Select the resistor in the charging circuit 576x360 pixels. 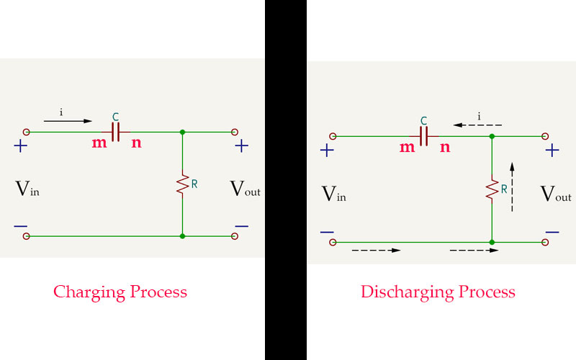pyautogui.click(x=183, y=184)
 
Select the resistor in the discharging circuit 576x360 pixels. pyautogui.click(x=491, y=189)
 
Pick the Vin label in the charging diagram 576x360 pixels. pyautogui.click(x=27, y=189)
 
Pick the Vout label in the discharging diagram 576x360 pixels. pyautogui.click(x=555, y=194)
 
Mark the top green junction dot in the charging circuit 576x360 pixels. pyautogui.click(x=183, y=132)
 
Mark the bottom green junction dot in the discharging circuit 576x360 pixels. pyautogui.click(x=491, y=243)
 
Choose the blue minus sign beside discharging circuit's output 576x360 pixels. pyautogui.click(x=552, y=232)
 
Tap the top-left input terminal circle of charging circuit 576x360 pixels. pyautogui.click(x=27, y=132)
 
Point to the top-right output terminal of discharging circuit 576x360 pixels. pyautogui.click(x=544, y=135)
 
